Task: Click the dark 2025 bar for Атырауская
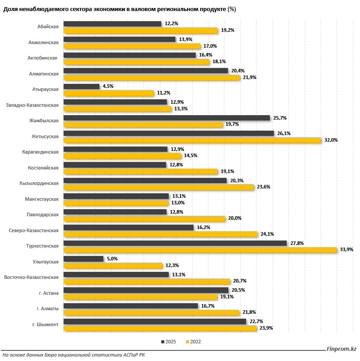tap(81, 86)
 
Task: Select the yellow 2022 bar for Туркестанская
tap(200, 250)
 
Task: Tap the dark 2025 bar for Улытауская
tap(83, 259)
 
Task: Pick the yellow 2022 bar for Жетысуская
tap(192, 140)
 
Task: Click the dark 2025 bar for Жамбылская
tap(167, 118)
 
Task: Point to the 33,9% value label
tap(346, 249)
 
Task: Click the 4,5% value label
tap(108, 86)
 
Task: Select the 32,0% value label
tap(331, 140)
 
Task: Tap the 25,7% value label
tap(280, 118)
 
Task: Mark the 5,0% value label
tap(112, 259)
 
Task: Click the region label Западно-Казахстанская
tap(32, 105)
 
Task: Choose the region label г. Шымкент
tap(45, 324)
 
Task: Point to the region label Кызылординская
tap(39, 184)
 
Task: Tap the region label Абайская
tap(48, 27)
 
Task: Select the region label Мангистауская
tap(42, 199)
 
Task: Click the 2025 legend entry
tap(168, 342)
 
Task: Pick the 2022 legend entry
tap(193, 342)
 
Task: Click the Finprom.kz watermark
tap(341, 349)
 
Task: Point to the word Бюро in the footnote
tap(50, 355)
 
